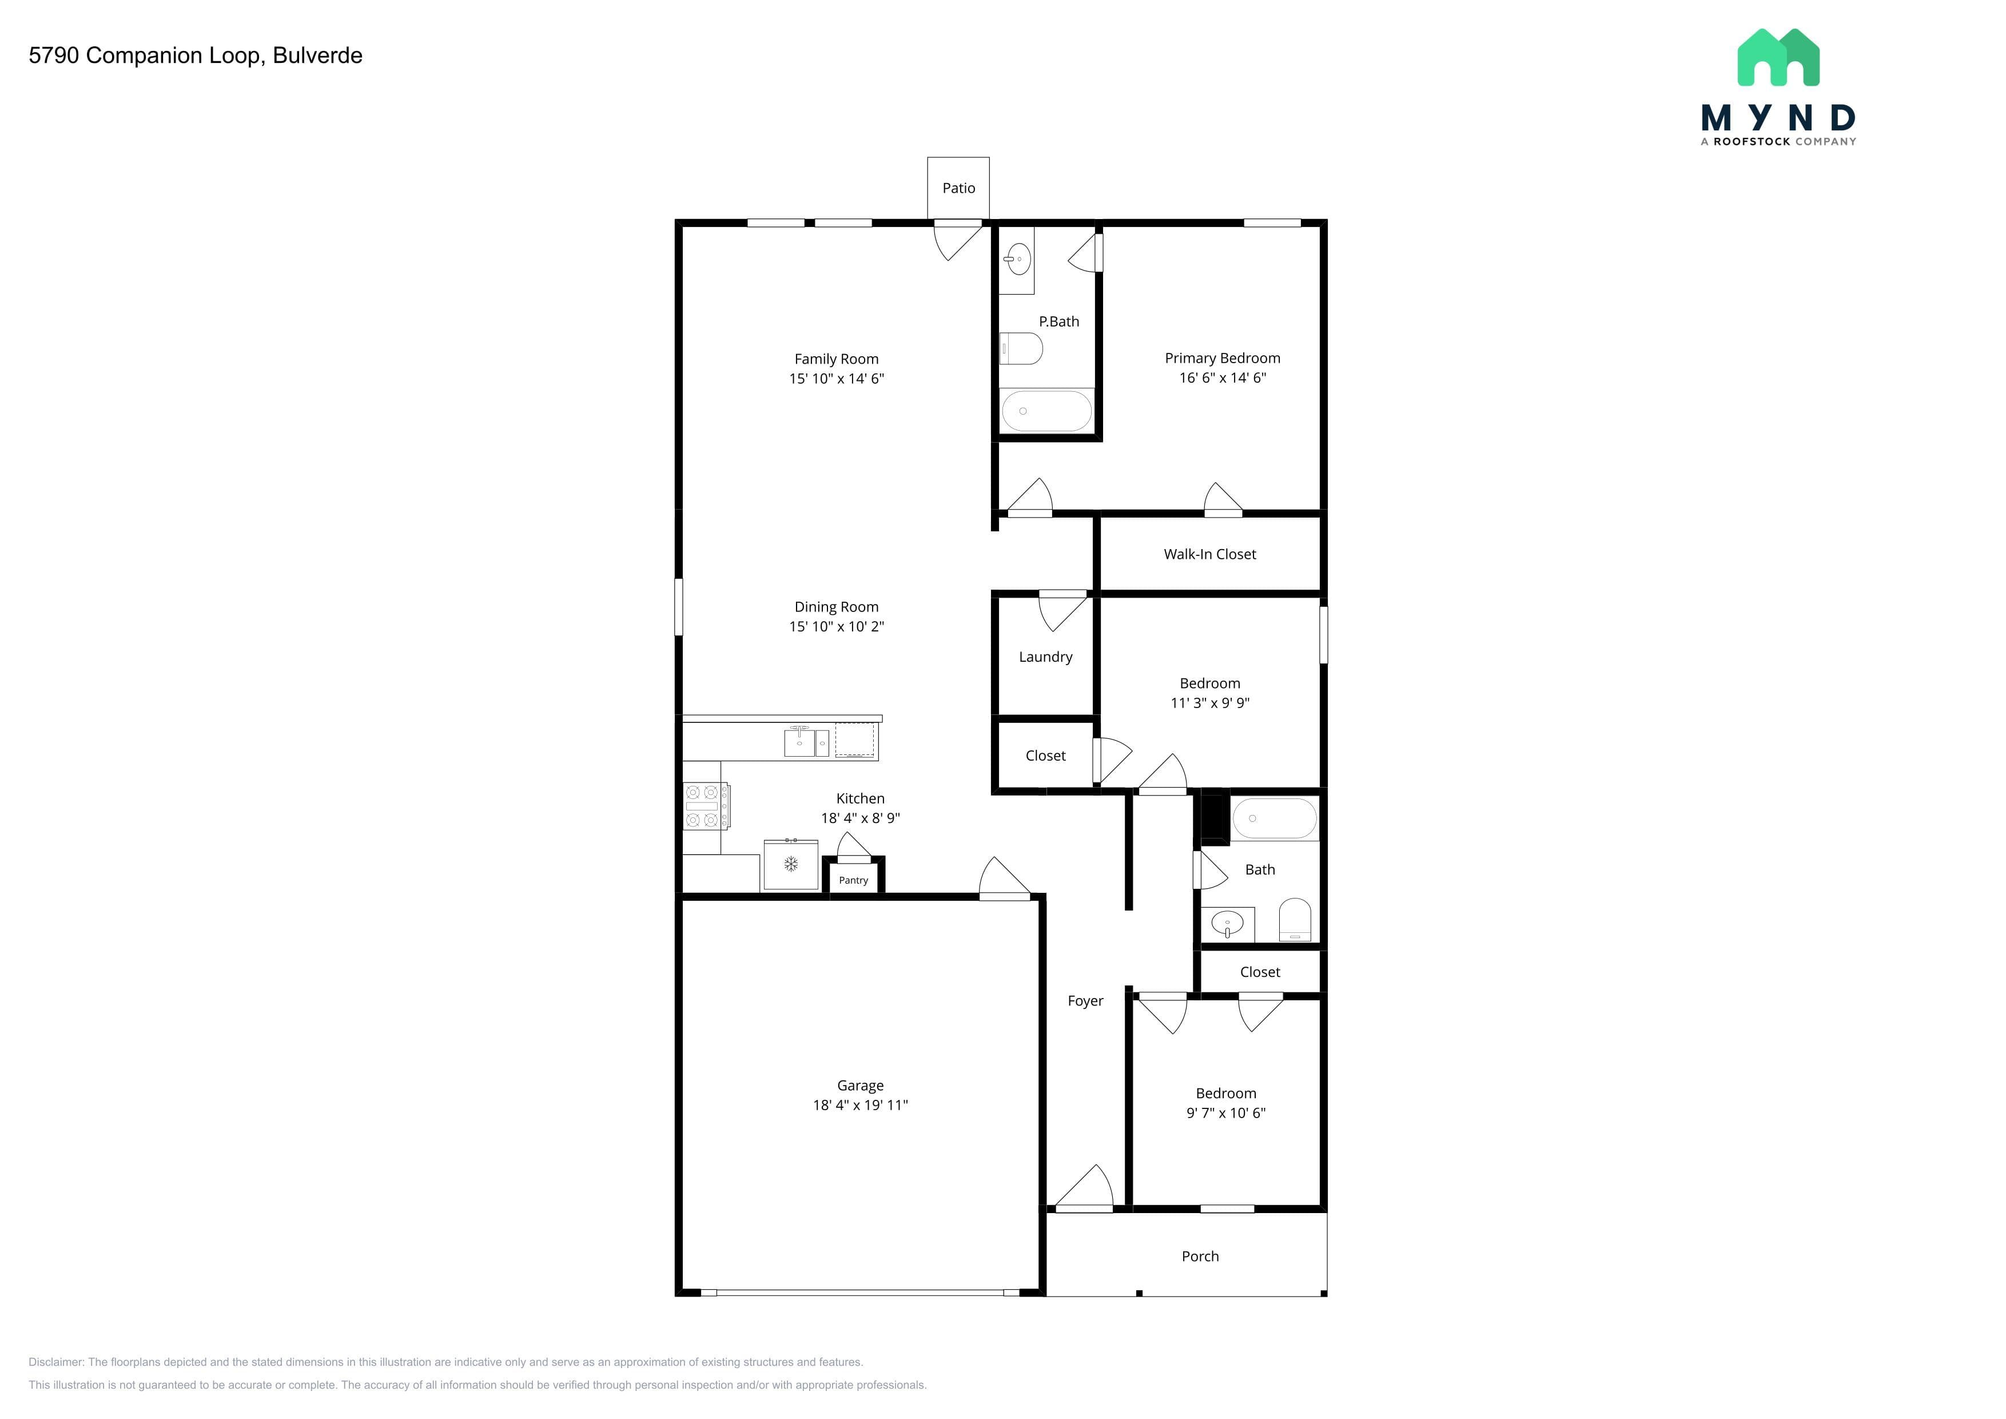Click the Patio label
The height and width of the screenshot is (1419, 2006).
pos(958,188)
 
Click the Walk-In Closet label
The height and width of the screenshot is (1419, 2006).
pos(1209,554)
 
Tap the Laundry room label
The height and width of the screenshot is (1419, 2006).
pos(1045,657)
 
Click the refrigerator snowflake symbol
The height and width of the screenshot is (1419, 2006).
pos(791,865)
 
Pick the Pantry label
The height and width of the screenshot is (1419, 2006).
pos(854,881)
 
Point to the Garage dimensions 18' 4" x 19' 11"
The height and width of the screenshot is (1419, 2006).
pos(861,1106)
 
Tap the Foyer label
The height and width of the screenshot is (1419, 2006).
pos(1085,1001)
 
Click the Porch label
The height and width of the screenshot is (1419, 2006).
pos(1200,1257)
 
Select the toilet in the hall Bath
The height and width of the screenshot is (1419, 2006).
pos(1295,920)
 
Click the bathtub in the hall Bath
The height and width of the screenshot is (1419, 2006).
pos(1275,818)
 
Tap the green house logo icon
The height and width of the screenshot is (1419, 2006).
pos(1778,58)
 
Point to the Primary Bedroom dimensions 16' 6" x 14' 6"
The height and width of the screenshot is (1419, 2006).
pos(1222,378)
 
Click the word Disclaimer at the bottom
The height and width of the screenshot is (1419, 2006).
pos(55,1362)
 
